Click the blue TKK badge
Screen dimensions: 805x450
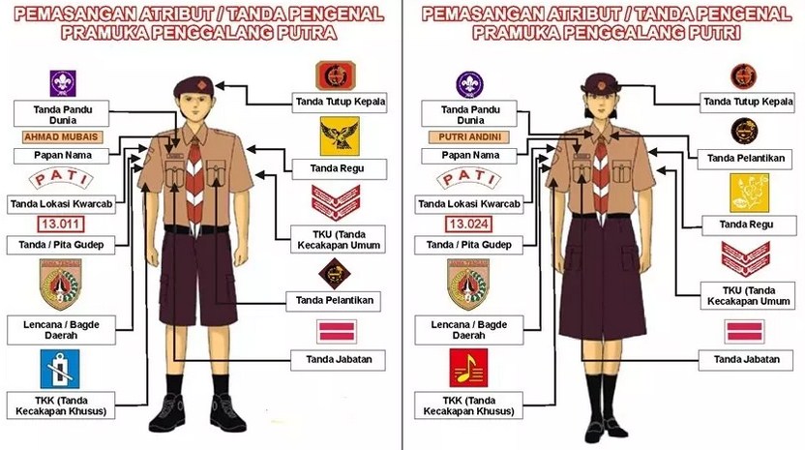coord(60,369)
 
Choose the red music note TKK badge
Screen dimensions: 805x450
coord(467,369)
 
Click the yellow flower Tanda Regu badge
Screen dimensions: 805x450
coord(749,192)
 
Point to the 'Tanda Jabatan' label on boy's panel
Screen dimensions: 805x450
coord(333,360)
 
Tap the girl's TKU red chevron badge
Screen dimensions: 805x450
coord(744,258)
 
